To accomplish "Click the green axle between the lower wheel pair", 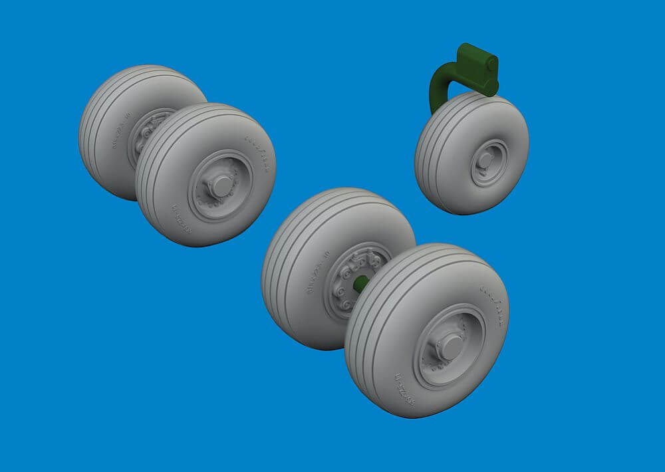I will click(360, 285).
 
